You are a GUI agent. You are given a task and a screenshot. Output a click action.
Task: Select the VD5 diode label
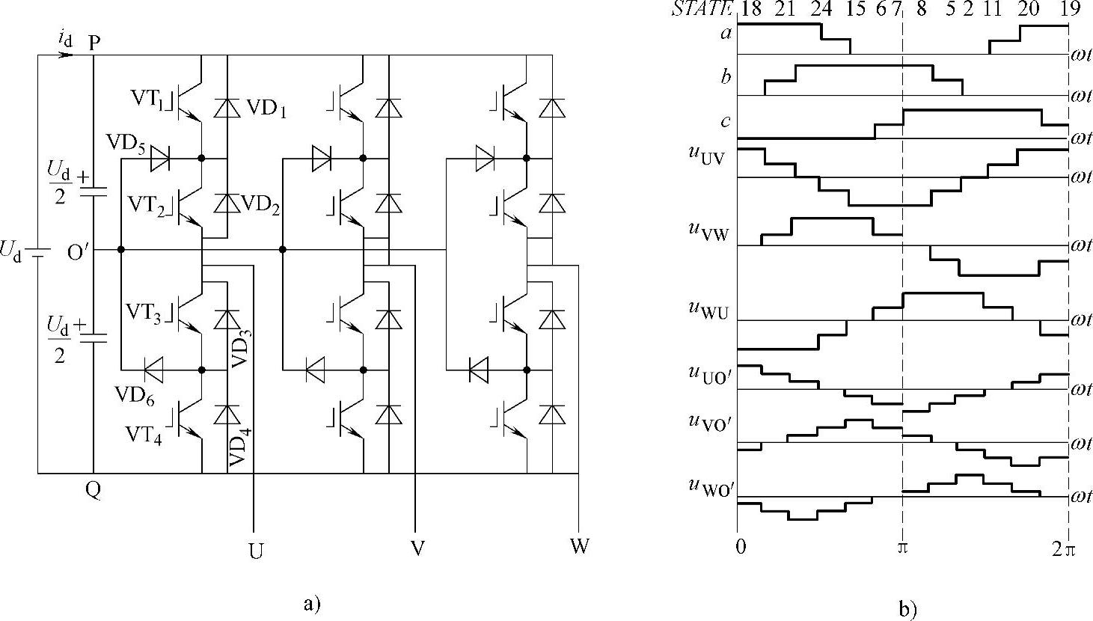(x=125, y=143)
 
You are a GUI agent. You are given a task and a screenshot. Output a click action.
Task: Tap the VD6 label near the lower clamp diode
(x=135, y=395)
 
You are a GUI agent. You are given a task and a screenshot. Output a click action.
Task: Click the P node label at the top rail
(x=94, y=43)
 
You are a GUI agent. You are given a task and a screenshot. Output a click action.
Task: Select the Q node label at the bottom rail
(x=94, y=490)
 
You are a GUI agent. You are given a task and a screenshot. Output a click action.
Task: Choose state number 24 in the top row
(x=821, y=9)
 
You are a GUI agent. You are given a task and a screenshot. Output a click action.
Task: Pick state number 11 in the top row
(x=992, y=9)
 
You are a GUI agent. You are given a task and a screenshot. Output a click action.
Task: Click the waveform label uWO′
(x=706, y=486)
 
